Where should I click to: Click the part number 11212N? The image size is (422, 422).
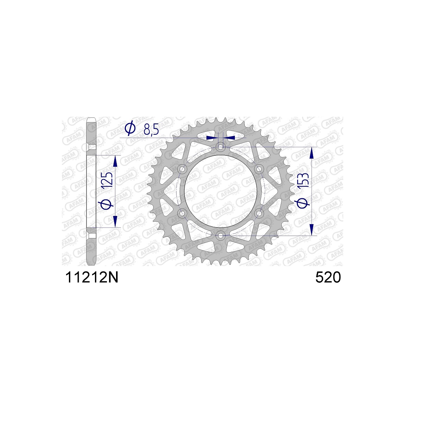point(92,277)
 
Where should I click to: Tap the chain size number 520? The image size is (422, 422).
point(328,277)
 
